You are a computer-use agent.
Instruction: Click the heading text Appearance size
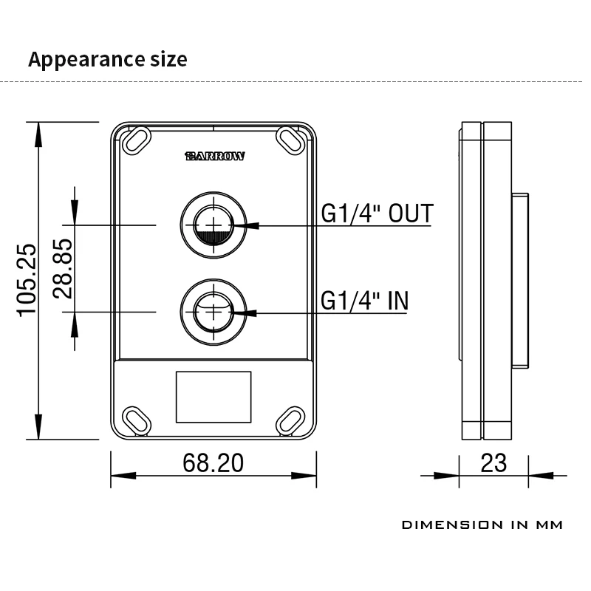pos(108,59)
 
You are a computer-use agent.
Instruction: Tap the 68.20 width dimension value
pos(213,463)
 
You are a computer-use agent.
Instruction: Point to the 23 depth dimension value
pos(493,463)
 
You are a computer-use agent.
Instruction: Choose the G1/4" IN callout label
pos(364,301)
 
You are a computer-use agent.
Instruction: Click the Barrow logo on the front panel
pos(214,157)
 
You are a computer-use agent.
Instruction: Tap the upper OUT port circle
pos(213,225)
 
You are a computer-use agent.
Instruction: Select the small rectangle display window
pos(213,397)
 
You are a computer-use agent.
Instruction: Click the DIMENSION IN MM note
pos(482,525)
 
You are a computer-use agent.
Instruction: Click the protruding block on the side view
pos(520,280)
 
